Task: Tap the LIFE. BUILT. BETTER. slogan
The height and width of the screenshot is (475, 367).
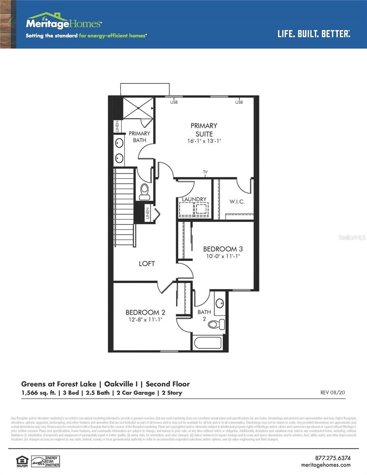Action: (x=314, y=34)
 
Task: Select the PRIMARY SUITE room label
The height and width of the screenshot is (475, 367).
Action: (x=204, y=129)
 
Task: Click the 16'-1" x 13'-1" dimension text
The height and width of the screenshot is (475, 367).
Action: (x=204, y=141)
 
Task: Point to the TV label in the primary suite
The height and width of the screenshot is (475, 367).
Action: (x=205, y=172)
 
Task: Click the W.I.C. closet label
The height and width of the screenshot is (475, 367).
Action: (x=237, y=201)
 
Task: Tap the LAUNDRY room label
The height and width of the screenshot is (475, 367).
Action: (x=194, y=199)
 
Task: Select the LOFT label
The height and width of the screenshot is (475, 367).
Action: (x=147, y=264)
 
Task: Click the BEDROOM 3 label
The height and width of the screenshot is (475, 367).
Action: (x=223, y=249)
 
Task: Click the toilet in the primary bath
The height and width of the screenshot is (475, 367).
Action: (x=145, y=192)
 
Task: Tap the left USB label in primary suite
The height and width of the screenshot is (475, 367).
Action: (x=174, y=103)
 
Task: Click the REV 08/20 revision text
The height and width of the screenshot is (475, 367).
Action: (x=333, y=393)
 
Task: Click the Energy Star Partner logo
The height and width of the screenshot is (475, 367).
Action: (x=45, y=461)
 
